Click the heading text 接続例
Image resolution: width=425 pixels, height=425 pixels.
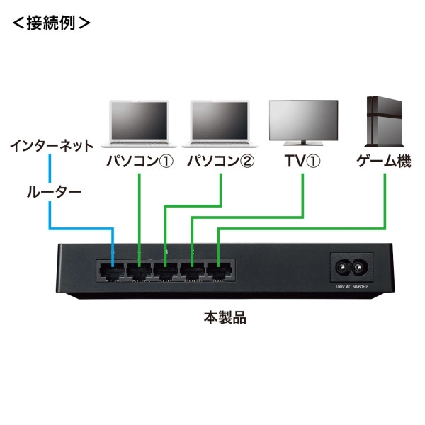(x=50, y=22)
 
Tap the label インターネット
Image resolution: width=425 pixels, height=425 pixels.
(x=51, y=147)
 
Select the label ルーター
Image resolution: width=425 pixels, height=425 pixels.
(x=54, y=191)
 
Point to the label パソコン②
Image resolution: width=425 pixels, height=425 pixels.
(x=220, y=161)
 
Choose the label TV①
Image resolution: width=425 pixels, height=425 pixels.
(x=302, y=161)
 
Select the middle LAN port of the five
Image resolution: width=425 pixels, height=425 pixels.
(x=166, y=270)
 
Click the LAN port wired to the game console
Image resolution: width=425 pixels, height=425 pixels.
(x=217, y=270)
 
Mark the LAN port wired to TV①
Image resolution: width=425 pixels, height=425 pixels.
(x=191, y=270)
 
